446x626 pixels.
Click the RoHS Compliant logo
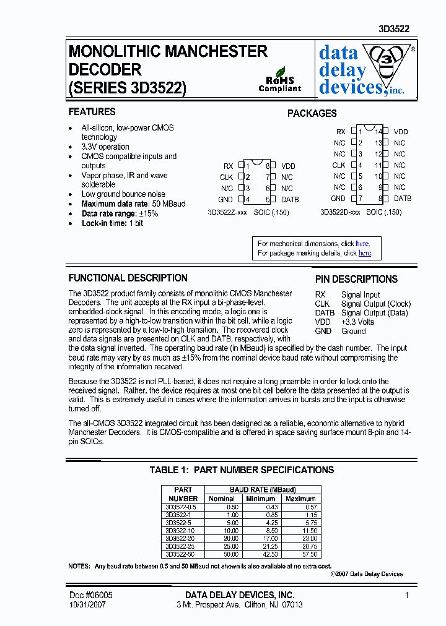click(x=279, y=80)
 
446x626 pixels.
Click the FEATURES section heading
click(x=92, y=112)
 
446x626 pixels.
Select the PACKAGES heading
click(x=312, y=114)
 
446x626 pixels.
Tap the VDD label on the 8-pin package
click(x=288, y=166)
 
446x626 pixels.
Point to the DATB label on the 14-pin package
click(x=403, y=199)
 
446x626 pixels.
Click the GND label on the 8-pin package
click(x=225, y=200)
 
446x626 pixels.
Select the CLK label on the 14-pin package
click(x=338, y=165)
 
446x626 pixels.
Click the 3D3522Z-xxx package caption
click(x=229, y=212)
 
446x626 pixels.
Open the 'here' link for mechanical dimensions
click(x=362, y=244)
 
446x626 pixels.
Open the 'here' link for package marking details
click(x=365, y=253)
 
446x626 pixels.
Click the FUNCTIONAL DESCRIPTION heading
click(x=128, y=278)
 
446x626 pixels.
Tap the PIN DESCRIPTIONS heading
click(x=356, y=280)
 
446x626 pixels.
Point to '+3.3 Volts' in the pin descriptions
click(x=357, y=322)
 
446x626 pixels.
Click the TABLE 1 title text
click(x=242, y=470)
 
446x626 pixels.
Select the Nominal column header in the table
click(x=222, y=499)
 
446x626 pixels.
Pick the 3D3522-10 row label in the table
click(x=180, y=531)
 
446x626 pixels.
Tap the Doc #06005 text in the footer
click(x=90, y=595)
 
